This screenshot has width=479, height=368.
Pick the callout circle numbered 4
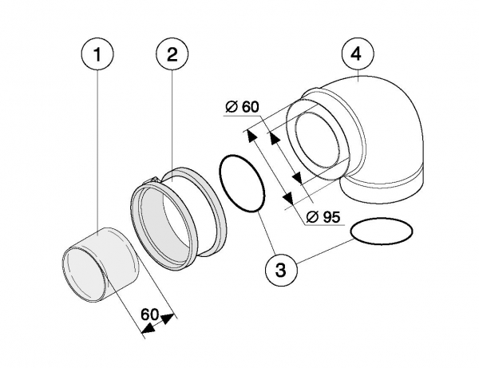[x=357, y=57]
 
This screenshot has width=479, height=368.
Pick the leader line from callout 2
[x=171, y=128]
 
